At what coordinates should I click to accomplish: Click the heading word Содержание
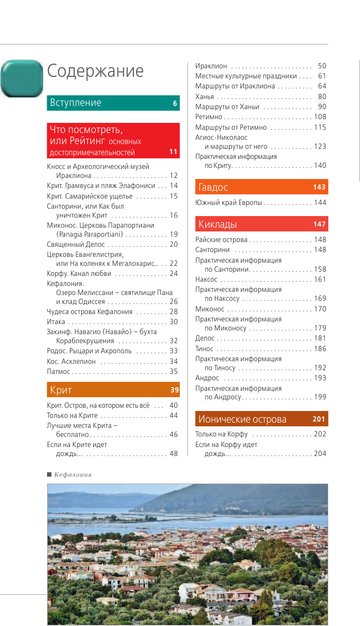[95, 71]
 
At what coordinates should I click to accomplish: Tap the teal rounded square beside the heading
[22, 78]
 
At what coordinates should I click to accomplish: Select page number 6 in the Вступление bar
[175, 104]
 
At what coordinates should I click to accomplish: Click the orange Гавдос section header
[213, 187]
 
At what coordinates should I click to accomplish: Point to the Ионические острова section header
[242, 419]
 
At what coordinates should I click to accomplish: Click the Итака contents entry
[56, 321]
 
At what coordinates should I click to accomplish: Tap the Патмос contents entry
[59, 371]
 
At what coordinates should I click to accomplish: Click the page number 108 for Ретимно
[320, 117]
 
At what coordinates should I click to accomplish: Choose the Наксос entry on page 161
[206, 279]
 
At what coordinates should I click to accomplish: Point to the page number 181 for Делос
[320, 338]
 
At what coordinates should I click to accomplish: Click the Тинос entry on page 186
[204, 348]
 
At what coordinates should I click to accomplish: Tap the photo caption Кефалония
[73, 475]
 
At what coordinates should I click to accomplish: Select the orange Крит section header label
[61, 390]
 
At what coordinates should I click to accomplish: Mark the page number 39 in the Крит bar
[174, 391]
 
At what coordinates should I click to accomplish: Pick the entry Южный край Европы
[229, 203]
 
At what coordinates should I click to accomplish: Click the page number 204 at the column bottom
[320, 453]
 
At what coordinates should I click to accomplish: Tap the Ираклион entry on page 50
[211, 66]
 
